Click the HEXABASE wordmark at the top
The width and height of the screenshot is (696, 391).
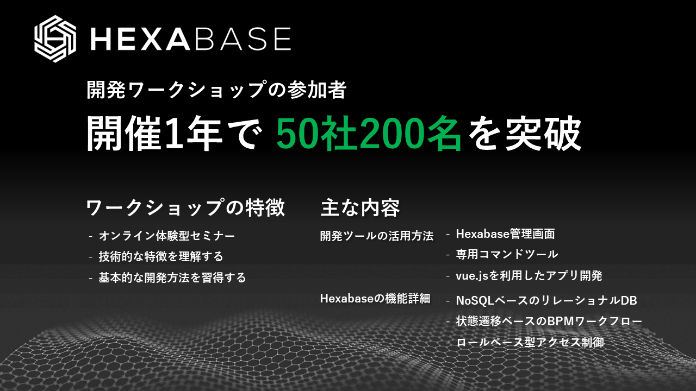pos(190,39)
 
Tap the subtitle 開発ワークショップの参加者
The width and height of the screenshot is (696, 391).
pos(216,90)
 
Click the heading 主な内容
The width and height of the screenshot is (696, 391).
pos(360,208)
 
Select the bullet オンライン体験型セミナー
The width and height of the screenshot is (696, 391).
pos(167,236)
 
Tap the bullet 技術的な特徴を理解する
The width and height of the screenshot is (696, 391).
pos(161,256)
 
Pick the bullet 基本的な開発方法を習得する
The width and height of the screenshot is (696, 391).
pos(172,278)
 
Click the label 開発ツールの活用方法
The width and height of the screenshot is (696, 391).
pos(377,236)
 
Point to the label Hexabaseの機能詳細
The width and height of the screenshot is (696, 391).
pos(375,299)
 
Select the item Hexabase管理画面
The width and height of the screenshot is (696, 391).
pos(505,234)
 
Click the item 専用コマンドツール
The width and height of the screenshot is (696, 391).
pos(507,254)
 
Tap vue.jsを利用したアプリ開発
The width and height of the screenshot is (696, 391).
pos(529,276)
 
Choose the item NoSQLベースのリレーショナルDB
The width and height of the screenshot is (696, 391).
pos(546,300)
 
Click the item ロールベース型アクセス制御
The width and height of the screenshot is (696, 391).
pos(530,342)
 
